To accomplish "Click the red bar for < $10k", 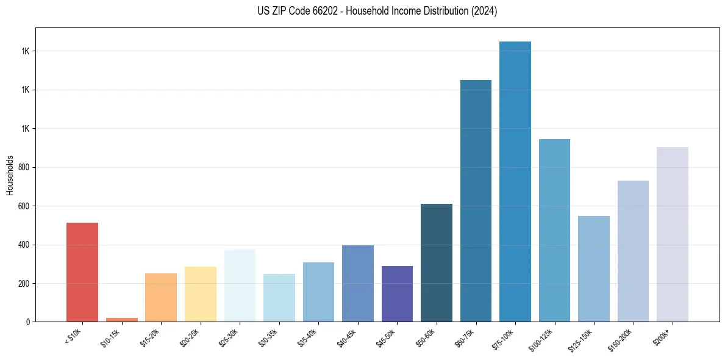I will (x=82, y=272).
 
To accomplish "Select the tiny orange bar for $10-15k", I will (x=121, y=319).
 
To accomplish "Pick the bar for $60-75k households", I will (x=476, y=201).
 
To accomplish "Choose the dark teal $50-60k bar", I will (x=437, y=262).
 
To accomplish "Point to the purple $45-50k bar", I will (x=397, y=293).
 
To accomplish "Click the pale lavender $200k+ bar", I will (x=672, y=234).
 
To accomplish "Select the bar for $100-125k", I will (x=554, y=230).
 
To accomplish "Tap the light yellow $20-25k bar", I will (x=201, y=294).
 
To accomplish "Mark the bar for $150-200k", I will (x=633, y=251).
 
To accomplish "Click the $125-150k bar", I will (x=593, y=268).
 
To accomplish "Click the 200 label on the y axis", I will (x=26, y=284).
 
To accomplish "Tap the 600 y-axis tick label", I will (x=26, y=206).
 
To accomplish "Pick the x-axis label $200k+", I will (x=663, y=336).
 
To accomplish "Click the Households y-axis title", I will (x=10, y=175).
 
